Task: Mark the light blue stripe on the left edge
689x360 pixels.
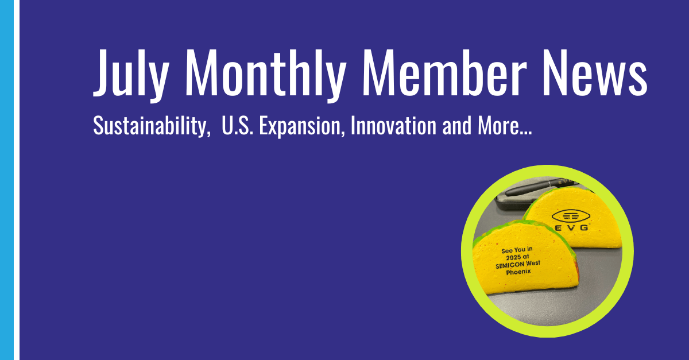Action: tap(6, 180)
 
